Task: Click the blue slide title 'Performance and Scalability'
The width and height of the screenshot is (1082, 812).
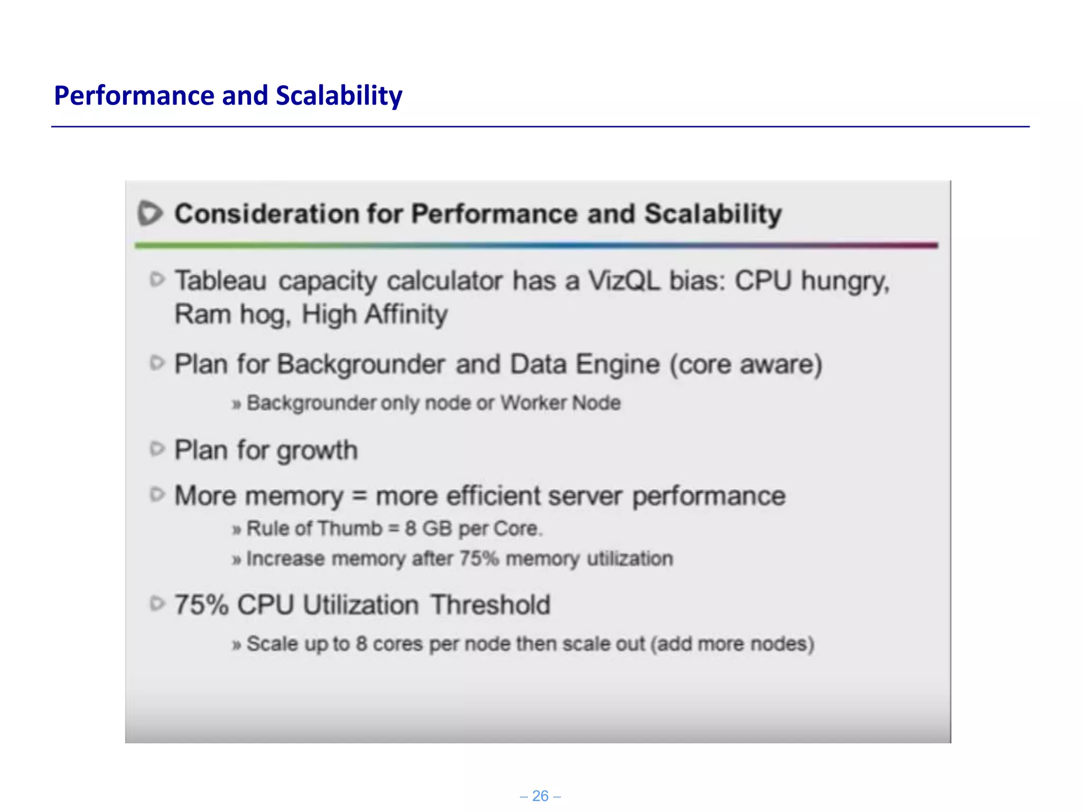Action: coord(228,96)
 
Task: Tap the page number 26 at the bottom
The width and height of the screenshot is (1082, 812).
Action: coord(540,796)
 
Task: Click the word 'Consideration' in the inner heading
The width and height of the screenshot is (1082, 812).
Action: coord(267,214)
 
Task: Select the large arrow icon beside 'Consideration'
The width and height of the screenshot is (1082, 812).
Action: coord(150,214)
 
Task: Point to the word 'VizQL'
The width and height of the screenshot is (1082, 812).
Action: coord(624,281)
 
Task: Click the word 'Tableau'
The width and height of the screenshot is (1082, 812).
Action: coord(220,281)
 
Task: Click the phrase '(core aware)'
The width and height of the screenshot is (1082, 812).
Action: coord(746,364)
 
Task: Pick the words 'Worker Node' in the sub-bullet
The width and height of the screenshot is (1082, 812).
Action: coord(561,403)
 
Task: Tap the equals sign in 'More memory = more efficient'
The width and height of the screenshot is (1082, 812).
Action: coord(359,496)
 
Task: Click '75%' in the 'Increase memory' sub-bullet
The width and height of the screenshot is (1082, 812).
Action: coord(479,559)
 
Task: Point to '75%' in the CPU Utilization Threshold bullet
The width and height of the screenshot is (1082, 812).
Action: coord(201,605)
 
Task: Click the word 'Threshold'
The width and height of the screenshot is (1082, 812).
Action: coord(490,605)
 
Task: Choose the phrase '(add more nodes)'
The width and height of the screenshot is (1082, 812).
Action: coord(732,644)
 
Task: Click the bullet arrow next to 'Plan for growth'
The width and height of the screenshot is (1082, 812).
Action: coord(157,449)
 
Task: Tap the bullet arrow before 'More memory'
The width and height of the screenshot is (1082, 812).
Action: coord(157,495)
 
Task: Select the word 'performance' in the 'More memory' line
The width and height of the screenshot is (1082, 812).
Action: coord(708,496)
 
